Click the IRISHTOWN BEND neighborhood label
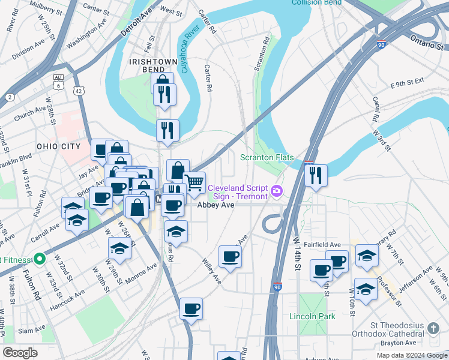152,65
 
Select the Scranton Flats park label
267,158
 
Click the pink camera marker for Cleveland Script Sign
277,191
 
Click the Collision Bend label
316,3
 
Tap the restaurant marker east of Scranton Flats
315,175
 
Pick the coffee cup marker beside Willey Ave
229,256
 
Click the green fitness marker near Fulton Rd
40,259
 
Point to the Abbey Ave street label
215,205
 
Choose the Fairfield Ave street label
322,245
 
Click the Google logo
20,353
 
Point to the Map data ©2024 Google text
411,355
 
